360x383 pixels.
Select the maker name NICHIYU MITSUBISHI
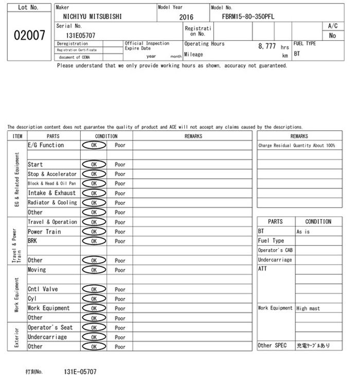(89, 16)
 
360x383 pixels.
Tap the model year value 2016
(186, 17)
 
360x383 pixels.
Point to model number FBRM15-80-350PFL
(248, 16)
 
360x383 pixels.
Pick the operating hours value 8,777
(267, 46)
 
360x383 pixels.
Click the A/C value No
(332, 36)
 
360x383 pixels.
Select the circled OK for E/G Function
(94, 146)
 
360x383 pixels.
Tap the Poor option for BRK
(120, 241)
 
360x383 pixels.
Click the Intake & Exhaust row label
(51, 193)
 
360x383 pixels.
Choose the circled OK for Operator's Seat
(94, 328)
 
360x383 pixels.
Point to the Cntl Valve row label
(43, 289)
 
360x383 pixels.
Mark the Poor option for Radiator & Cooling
(120, 203)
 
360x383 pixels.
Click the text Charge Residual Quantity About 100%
(297, 146)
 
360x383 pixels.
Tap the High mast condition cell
(308, 308)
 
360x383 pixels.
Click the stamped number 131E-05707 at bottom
(80, 371)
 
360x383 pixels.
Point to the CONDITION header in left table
(106, 136)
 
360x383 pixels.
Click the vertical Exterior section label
(17, 337)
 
